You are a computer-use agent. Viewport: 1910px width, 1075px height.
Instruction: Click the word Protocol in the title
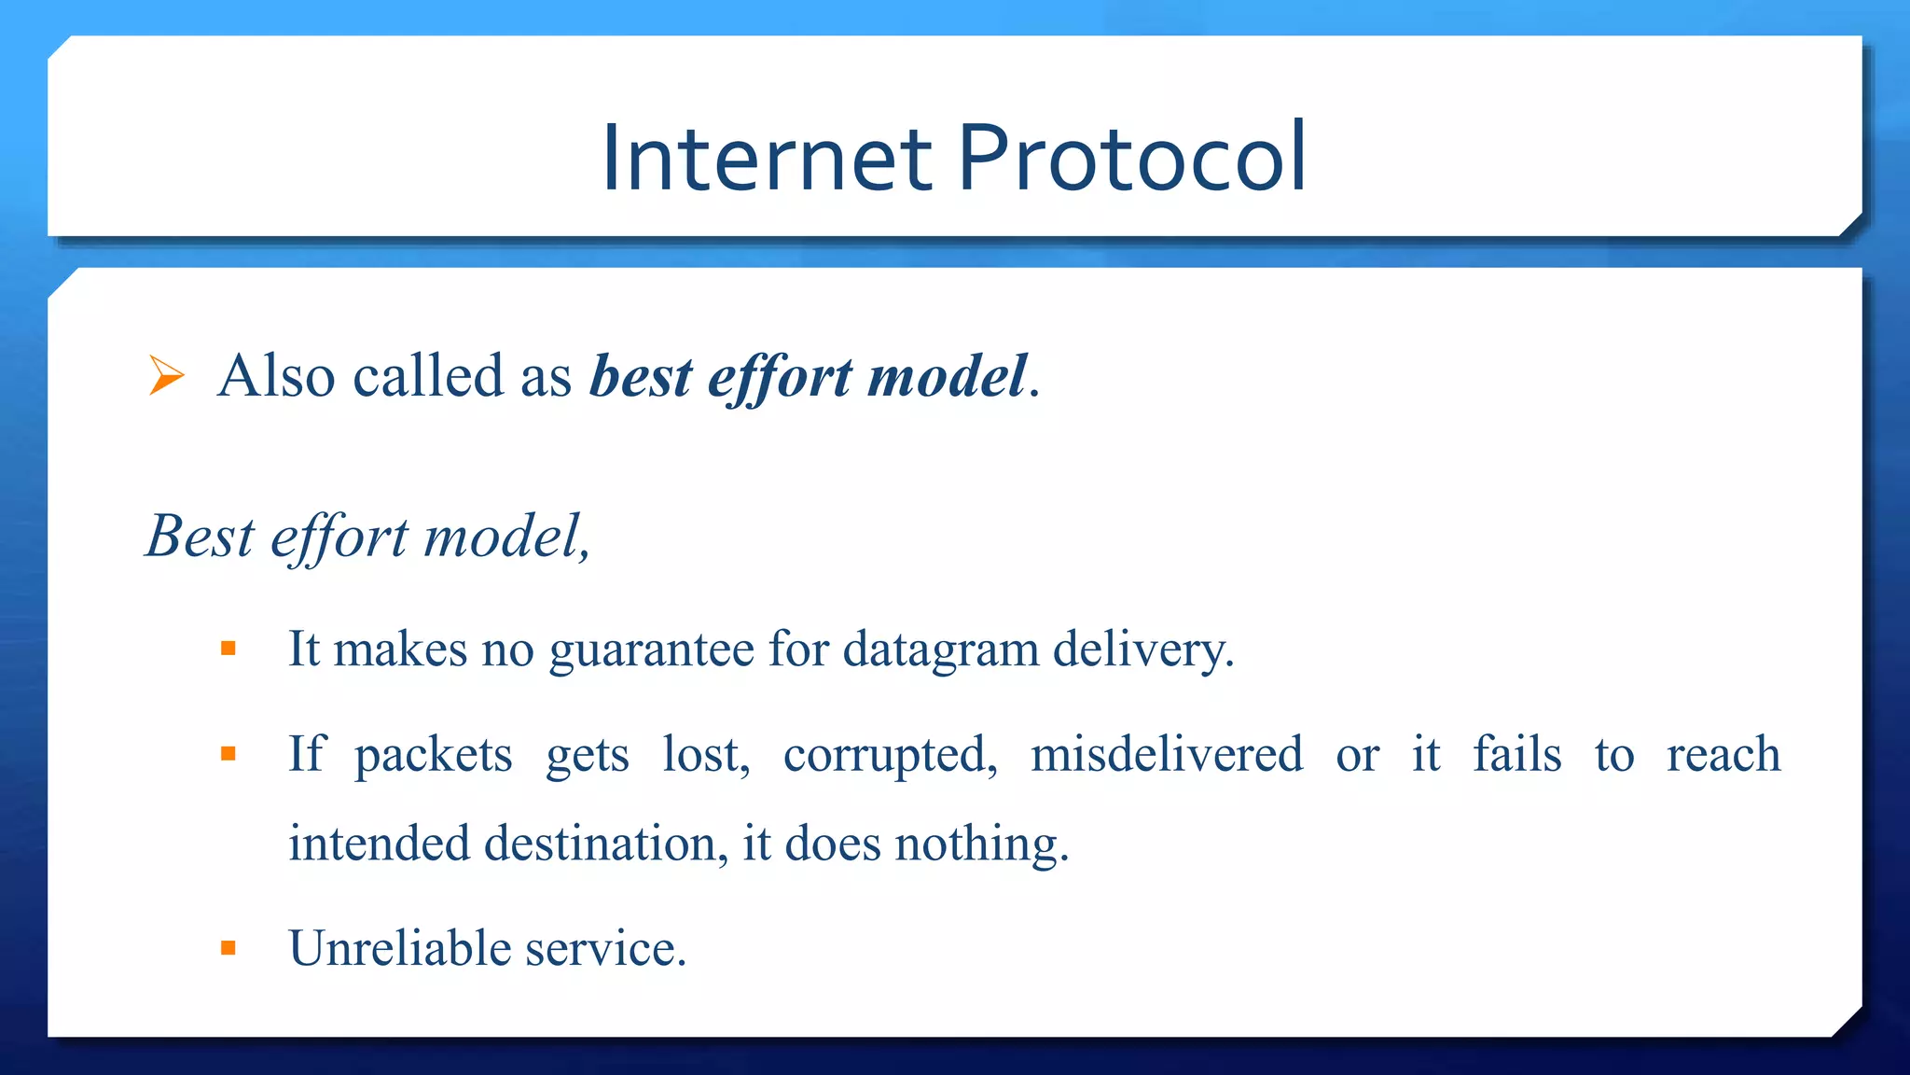pos(1131,159)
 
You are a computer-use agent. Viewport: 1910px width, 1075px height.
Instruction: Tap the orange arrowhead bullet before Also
pos(166,376)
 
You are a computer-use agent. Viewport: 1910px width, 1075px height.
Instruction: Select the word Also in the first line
pos(276,376)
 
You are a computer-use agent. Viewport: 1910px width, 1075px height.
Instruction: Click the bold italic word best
pos(641,376)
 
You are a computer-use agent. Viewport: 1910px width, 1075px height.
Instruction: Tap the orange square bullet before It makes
pos(228,649)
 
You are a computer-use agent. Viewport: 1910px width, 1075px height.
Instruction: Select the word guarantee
pos(651,650)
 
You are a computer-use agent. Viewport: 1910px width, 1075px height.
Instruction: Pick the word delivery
pos(1142,650)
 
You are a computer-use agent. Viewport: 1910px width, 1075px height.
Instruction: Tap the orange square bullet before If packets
pos(228,754)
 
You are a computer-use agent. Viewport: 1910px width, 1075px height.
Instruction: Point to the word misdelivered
pos(1166,754)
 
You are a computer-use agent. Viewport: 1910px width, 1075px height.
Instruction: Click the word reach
pos(1723,754)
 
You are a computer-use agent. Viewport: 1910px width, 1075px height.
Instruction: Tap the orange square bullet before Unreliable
pos(228,949)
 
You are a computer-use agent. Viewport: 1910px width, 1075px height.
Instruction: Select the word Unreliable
pos(400,949)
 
